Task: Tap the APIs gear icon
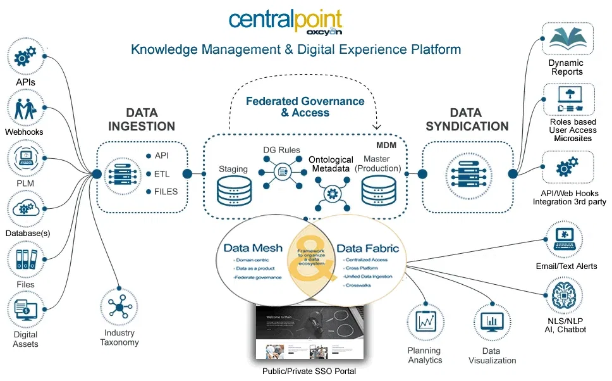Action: tap(24, 58)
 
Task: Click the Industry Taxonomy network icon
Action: tap(119, 307)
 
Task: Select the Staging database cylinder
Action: tap(233, 189)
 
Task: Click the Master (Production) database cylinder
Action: tap(378, 189)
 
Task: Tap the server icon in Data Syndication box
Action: tap(467, 173)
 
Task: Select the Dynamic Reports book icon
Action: tap(567, 40)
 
